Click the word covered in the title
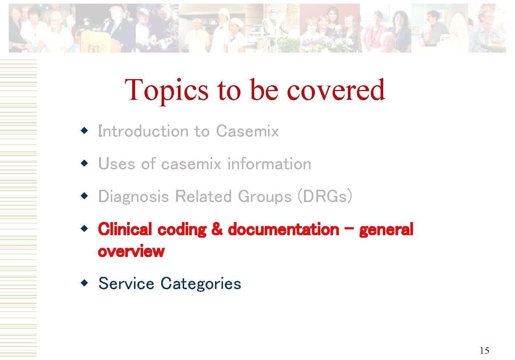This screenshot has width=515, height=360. (336, 90)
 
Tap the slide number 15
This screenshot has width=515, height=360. (484, 351)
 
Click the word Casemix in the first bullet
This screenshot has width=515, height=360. (247, 131)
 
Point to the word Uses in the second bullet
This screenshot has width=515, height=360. (117, 164)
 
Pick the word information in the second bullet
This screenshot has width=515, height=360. (269, 164)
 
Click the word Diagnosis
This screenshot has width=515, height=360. (134, 197)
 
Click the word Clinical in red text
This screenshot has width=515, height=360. (125, 229)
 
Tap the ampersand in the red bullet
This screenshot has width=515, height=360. (217, 229)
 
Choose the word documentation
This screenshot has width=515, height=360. (283, 229)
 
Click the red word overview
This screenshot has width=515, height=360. (131, 251)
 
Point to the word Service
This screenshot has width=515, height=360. (126, 283)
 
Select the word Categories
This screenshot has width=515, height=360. (201, 284)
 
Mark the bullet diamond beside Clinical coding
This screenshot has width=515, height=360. (84, 229)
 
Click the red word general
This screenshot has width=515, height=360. (386, 230)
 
